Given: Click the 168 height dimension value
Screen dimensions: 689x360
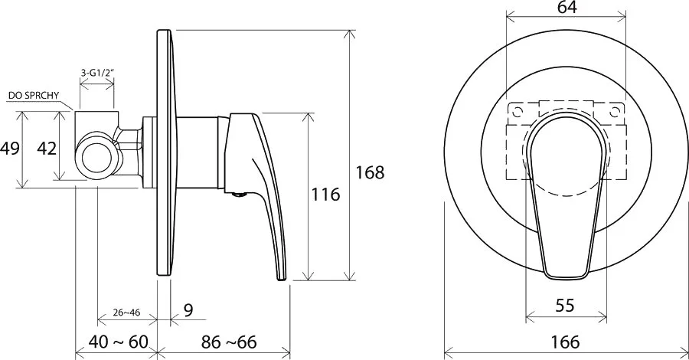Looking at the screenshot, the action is [370, 172].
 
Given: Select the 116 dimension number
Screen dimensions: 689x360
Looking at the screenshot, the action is [325, 194].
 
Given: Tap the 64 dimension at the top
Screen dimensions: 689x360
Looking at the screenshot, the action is [567, 7].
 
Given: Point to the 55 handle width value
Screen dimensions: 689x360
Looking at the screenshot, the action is [565, 305].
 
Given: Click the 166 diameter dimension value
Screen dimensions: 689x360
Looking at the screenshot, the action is [565, 342].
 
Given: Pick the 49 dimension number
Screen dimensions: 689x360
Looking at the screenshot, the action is [10, 148].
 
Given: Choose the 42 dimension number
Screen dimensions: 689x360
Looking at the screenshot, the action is [47, 149].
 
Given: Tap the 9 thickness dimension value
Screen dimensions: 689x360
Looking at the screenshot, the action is [188, 310].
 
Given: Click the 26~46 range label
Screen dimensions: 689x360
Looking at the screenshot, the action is [126, 313].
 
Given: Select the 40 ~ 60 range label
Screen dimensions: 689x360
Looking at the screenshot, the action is [119, 342].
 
